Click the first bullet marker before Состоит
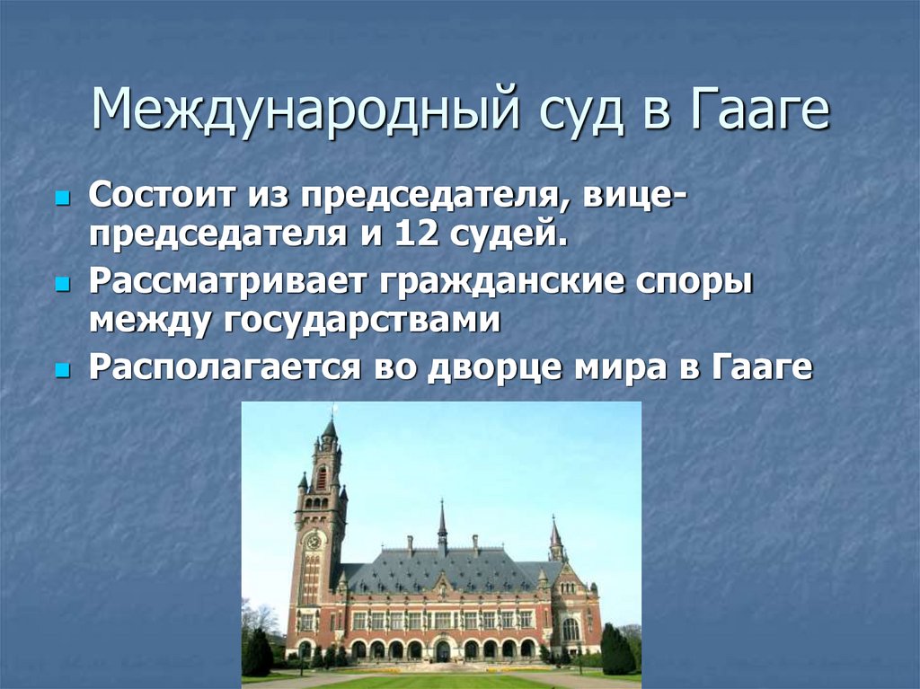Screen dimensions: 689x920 pos(62,196)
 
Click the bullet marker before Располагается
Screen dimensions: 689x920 pos(62,369)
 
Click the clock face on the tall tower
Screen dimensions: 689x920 pos(314,541)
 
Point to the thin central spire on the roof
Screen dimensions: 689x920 pos(442,521)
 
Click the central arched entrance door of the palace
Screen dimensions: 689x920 pos(443,649)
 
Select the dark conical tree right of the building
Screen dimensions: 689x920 pos(616,649)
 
